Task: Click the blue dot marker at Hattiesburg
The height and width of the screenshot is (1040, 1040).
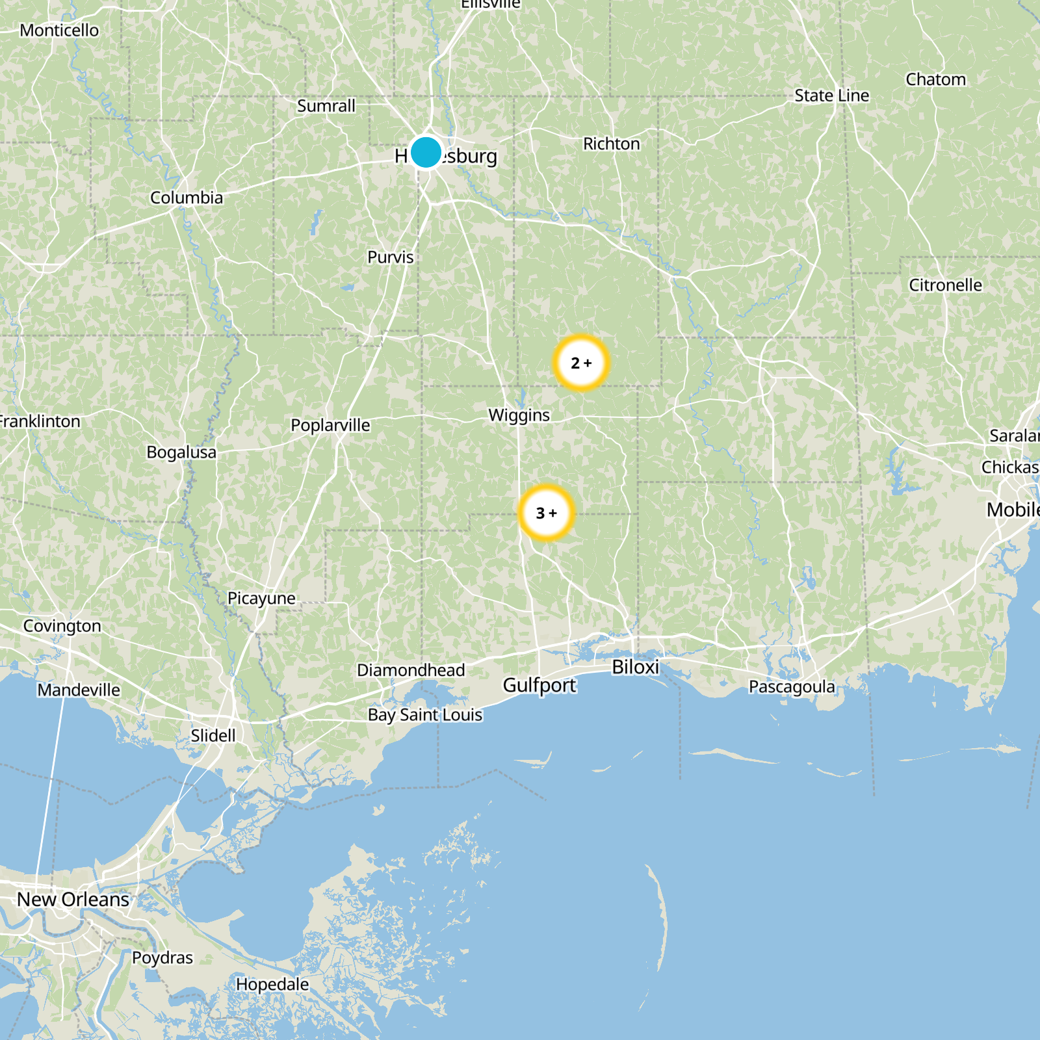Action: tap(426, 152)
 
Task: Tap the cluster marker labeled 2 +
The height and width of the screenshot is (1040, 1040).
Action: tap(581, 363)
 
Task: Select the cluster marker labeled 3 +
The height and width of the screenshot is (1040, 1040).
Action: tap(547, 513)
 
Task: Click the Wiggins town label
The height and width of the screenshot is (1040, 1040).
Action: tap(519, 415)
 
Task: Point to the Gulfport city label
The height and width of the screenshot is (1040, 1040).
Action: tap(539, 685)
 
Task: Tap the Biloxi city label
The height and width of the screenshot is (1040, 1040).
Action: tap(635, 667)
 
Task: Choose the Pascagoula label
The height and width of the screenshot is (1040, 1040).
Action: tap(792, 686)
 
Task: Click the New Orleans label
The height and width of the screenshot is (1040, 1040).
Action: tap(73, 900)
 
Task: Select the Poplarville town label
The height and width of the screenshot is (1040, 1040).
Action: tap(330, 425)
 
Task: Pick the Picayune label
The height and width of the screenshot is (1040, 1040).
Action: tap(261, 598)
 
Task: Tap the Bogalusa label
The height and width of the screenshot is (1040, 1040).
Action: tap(181, 452)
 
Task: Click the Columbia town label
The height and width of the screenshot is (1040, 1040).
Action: tap(187, 198)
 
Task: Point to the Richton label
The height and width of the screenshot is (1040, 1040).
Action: tap(611, 144)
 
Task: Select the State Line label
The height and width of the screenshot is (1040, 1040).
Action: tap(831, 96)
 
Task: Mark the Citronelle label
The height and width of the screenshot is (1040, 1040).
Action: tap(945, 285)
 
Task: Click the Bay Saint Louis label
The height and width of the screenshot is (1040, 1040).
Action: tap(425, 715)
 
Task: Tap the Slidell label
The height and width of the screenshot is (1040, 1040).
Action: tap(213, 736)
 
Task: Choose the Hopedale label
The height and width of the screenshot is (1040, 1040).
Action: tap(272, 985)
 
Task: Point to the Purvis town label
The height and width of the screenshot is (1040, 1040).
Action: tap(391, 257)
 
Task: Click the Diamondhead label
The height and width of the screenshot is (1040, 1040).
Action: tap(411, 670)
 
